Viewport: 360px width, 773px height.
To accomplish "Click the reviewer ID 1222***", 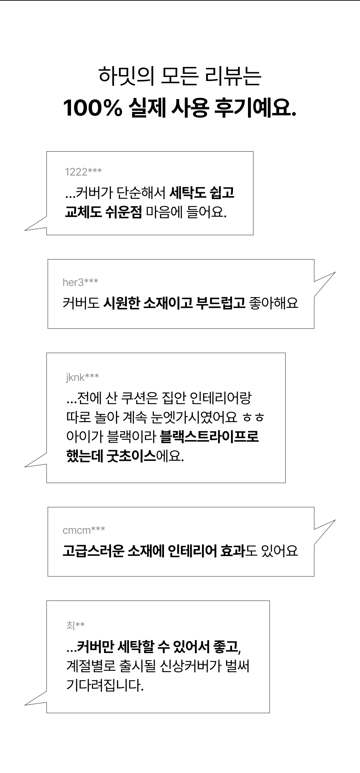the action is click(83, 172).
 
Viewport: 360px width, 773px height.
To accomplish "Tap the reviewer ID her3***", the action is click(80, 283).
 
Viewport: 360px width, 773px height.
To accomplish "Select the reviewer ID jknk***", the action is click(82, 377).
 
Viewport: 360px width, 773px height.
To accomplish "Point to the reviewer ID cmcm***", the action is click(84, 530).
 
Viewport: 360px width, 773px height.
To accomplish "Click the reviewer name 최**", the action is click(75, 625).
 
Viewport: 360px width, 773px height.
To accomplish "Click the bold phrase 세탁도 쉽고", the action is click(202, 193).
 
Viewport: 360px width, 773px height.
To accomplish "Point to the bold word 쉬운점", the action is click(123, 212).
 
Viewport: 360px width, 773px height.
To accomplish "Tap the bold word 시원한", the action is click(121, 303).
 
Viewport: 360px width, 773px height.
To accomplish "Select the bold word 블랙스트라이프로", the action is click(209, 436).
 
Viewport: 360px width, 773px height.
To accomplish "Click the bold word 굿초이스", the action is click(131, 456).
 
